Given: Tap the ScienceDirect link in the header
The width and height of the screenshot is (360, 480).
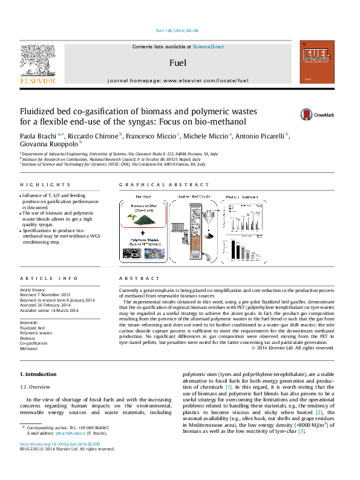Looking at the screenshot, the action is (208, 47).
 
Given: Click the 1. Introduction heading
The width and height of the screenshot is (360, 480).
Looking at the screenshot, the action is (39, 374).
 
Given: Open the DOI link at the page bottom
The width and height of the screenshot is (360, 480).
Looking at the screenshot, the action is (60, 444).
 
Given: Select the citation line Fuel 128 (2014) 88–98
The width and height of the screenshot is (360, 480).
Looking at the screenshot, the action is (179, 30).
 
